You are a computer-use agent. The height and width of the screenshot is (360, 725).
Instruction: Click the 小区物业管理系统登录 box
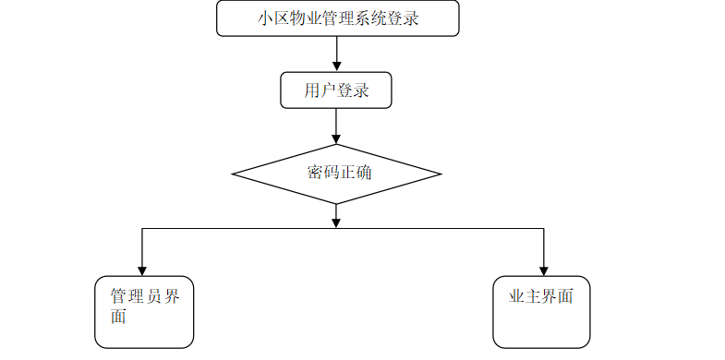point(337,18)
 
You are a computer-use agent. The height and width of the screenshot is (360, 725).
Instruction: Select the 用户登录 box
point(336,90)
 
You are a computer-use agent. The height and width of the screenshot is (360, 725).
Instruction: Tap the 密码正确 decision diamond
point(336,174)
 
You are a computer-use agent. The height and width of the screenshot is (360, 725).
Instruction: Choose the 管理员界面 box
point(144,312)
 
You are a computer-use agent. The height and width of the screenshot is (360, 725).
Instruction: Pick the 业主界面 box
point(541,312)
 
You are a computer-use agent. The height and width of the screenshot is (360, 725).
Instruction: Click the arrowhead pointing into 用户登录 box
point(336,66)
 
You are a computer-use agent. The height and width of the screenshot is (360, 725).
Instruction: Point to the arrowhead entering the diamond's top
point(336,138)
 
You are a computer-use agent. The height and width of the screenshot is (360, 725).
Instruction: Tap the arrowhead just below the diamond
point(336,222)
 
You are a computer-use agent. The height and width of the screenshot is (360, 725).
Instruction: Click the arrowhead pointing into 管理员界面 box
point(142,270)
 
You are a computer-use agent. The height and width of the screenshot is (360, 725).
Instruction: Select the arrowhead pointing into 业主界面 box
point(544,270)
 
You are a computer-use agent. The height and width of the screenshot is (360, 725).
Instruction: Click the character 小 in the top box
point(266,18)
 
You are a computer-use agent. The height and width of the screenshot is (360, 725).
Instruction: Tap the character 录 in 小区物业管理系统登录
point(411,18)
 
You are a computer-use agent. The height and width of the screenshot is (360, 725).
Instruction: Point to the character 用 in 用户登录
point(312,90)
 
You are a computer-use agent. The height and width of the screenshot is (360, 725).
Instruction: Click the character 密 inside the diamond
point(315,173)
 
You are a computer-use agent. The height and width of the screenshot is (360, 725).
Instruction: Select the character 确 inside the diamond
point(364,173)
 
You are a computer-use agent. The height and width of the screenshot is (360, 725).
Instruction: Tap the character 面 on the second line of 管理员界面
point(118,317)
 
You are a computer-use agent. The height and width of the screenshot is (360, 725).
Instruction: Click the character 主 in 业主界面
point(533,296)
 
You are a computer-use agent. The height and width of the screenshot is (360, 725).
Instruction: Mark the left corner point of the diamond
point(232,174)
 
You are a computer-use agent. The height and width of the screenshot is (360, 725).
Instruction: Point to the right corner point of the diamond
point(441,174)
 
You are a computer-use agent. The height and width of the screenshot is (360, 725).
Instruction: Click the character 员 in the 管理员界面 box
point(154,296)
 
